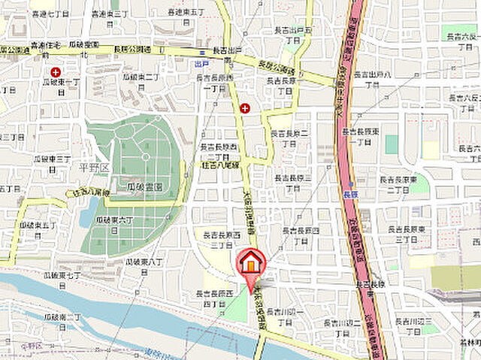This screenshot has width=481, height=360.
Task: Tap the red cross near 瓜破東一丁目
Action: pyautogui.click(x=56, y=72)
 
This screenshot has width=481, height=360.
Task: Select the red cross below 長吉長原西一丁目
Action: pyautogui.click(x=244, y=108)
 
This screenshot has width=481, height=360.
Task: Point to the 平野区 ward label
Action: pyautogui.click(x=95, y=167)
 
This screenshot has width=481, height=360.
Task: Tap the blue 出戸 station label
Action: pyautogui.click(x=201, y=65)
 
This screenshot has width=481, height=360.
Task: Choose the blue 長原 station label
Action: pyautogui.click(x=349, y=193)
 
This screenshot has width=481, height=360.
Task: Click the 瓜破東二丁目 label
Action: pyautogui.click(x=141, y=82)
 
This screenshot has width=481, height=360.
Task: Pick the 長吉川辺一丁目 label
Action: pyautogui.click(x=284, y=316)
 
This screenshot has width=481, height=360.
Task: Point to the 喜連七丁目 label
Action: pyautogui.click(x=51, y=14)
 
